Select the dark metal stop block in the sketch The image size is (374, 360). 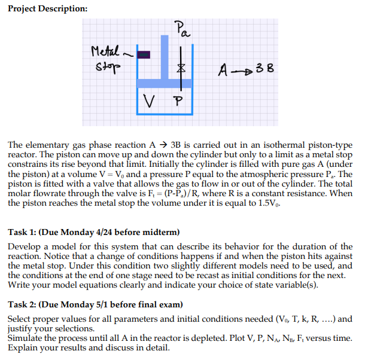(143, 55)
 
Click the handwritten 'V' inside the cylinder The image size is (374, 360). (152, 99)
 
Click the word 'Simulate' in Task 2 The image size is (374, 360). (25, 338)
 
